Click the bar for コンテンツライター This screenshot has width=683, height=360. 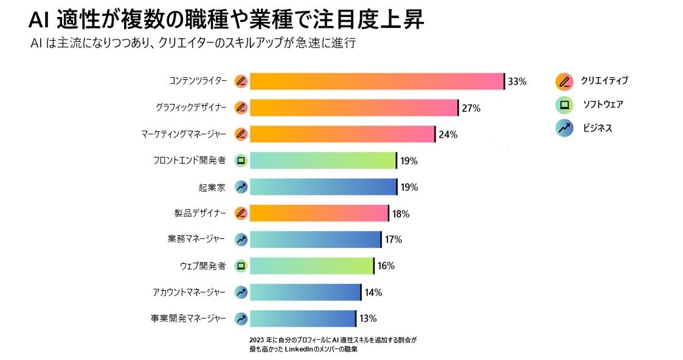(377, 81)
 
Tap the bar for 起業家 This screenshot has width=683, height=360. (323, 187)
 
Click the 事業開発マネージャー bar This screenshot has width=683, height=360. (303, 318)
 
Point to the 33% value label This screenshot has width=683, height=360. (517, 81)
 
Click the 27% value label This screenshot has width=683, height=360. (471, 108)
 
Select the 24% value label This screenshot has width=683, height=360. (448, 134)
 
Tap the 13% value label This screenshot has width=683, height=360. (368, 318)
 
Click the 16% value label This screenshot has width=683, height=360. (386, 266)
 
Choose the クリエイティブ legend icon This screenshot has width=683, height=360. (564, 81)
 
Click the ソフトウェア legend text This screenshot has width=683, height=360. (603, 105)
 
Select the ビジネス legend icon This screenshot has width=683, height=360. (564, 128)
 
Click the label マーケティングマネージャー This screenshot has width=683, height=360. (183, 134)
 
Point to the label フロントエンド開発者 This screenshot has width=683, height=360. (189, 161)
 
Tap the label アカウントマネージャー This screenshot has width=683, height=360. (189, 292)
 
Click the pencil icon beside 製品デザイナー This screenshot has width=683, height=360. (241, 213)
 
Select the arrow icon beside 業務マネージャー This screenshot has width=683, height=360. (241, 240)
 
